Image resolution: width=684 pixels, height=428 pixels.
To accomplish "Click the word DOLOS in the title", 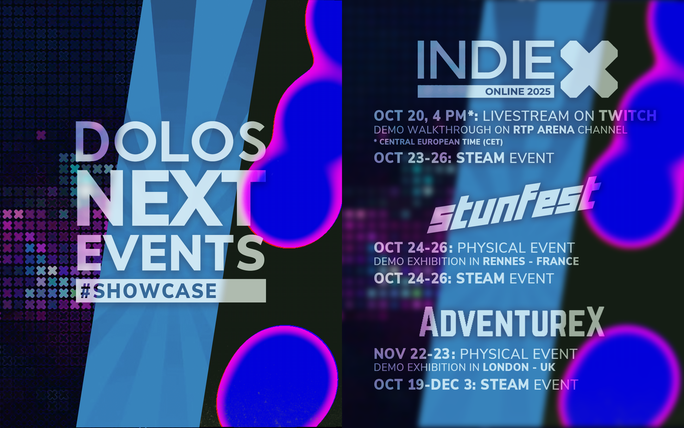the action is pos(171,141).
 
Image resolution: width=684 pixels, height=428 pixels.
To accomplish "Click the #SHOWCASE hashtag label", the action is pos(148,291).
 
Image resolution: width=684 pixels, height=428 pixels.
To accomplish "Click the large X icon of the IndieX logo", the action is pos(589,69).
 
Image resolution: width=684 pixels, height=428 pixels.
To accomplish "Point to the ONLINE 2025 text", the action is pos(518,92).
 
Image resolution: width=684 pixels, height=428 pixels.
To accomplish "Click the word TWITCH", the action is pos(628,116).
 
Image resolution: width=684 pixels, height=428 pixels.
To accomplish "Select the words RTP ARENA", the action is pos(544,130).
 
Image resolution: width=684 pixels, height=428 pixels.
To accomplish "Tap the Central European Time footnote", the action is pos(438,142).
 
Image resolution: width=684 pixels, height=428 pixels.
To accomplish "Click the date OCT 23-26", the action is pos(413,158).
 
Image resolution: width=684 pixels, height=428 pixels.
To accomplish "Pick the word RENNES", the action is pos(504,261).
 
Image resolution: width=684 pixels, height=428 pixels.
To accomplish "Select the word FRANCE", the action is pos(558,261).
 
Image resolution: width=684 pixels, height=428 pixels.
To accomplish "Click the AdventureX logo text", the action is pos(512,322).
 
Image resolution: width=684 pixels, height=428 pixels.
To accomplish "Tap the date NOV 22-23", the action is pos(415,354).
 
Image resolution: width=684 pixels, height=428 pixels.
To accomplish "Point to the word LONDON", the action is pos(506,367).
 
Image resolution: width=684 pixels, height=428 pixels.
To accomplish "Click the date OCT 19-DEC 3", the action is pos(425,385).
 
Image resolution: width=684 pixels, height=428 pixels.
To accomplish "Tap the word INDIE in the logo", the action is pos(486,60).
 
